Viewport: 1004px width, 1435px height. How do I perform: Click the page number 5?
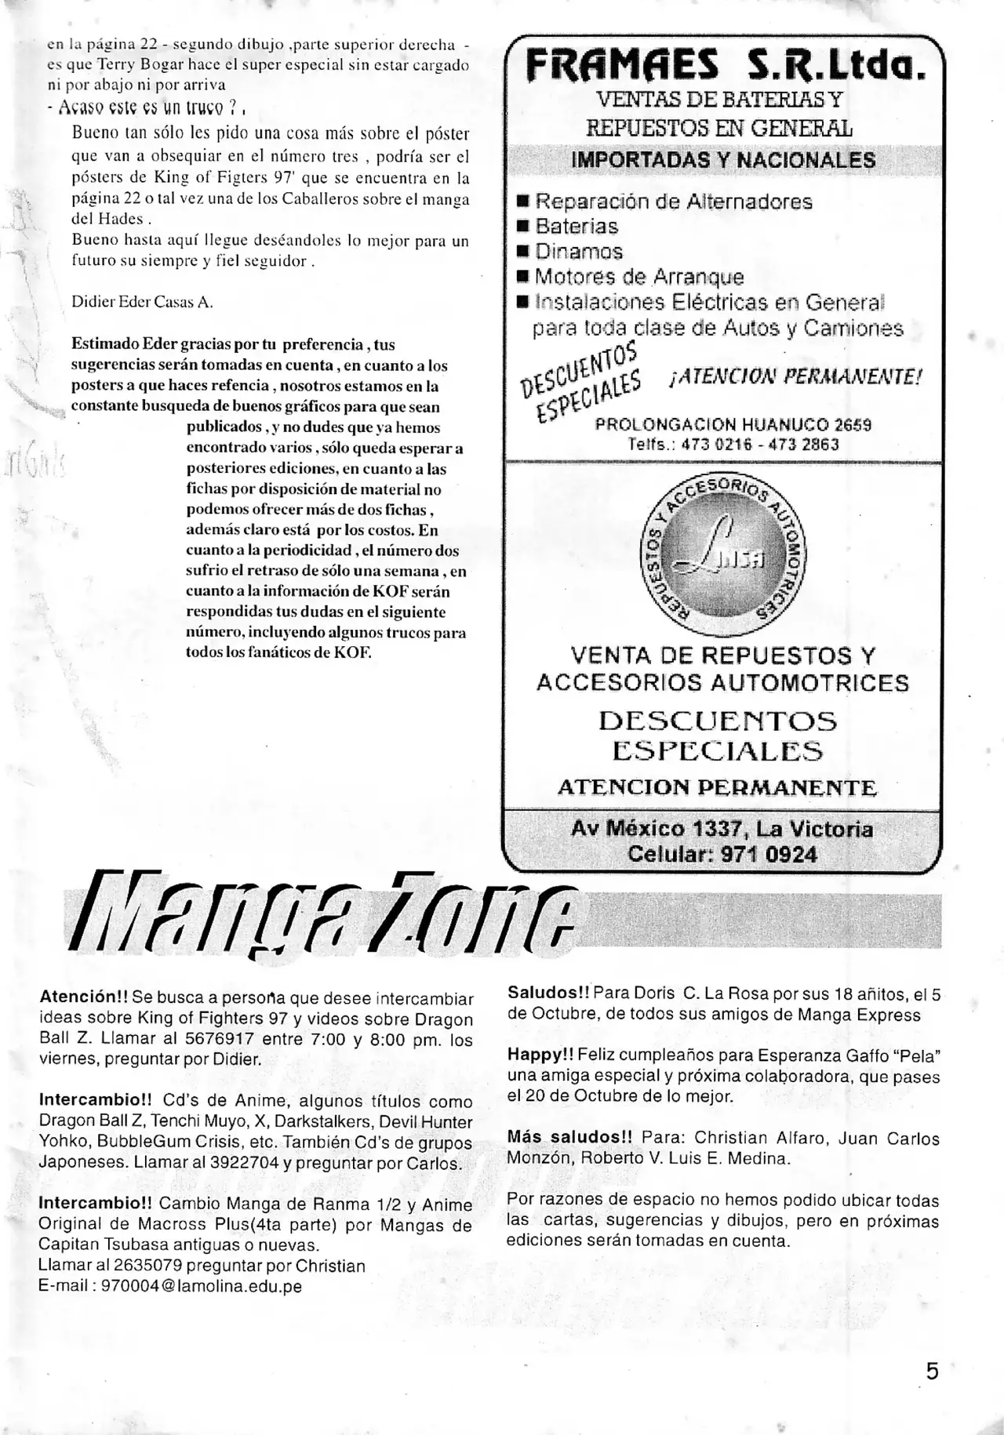[932, 1371]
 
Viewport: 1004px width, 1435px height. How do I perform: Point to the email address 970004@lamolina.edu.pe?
[202, 1286]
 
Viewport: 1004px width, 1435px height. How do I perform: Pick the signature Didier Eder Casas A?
[142, 302]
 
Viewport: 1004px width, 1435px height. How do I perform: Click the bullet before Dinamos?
[523, 252]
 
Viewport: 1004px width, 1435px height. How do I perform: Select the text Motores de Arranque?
[639, 277]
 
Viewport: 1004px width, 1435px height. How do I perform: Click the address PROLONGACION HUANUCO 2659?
[733, 425]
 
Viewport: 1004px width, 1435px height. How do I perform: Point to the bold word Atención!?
[83, 997]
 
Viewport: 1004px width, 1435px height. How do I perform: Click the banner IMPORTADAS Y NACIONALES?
[723, 160]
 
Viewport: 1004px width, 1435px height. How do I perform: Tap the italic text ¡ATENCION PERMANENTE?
[795, 377]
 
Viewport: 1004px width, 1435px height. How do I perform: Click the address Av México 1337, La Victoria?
[722, 829]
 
